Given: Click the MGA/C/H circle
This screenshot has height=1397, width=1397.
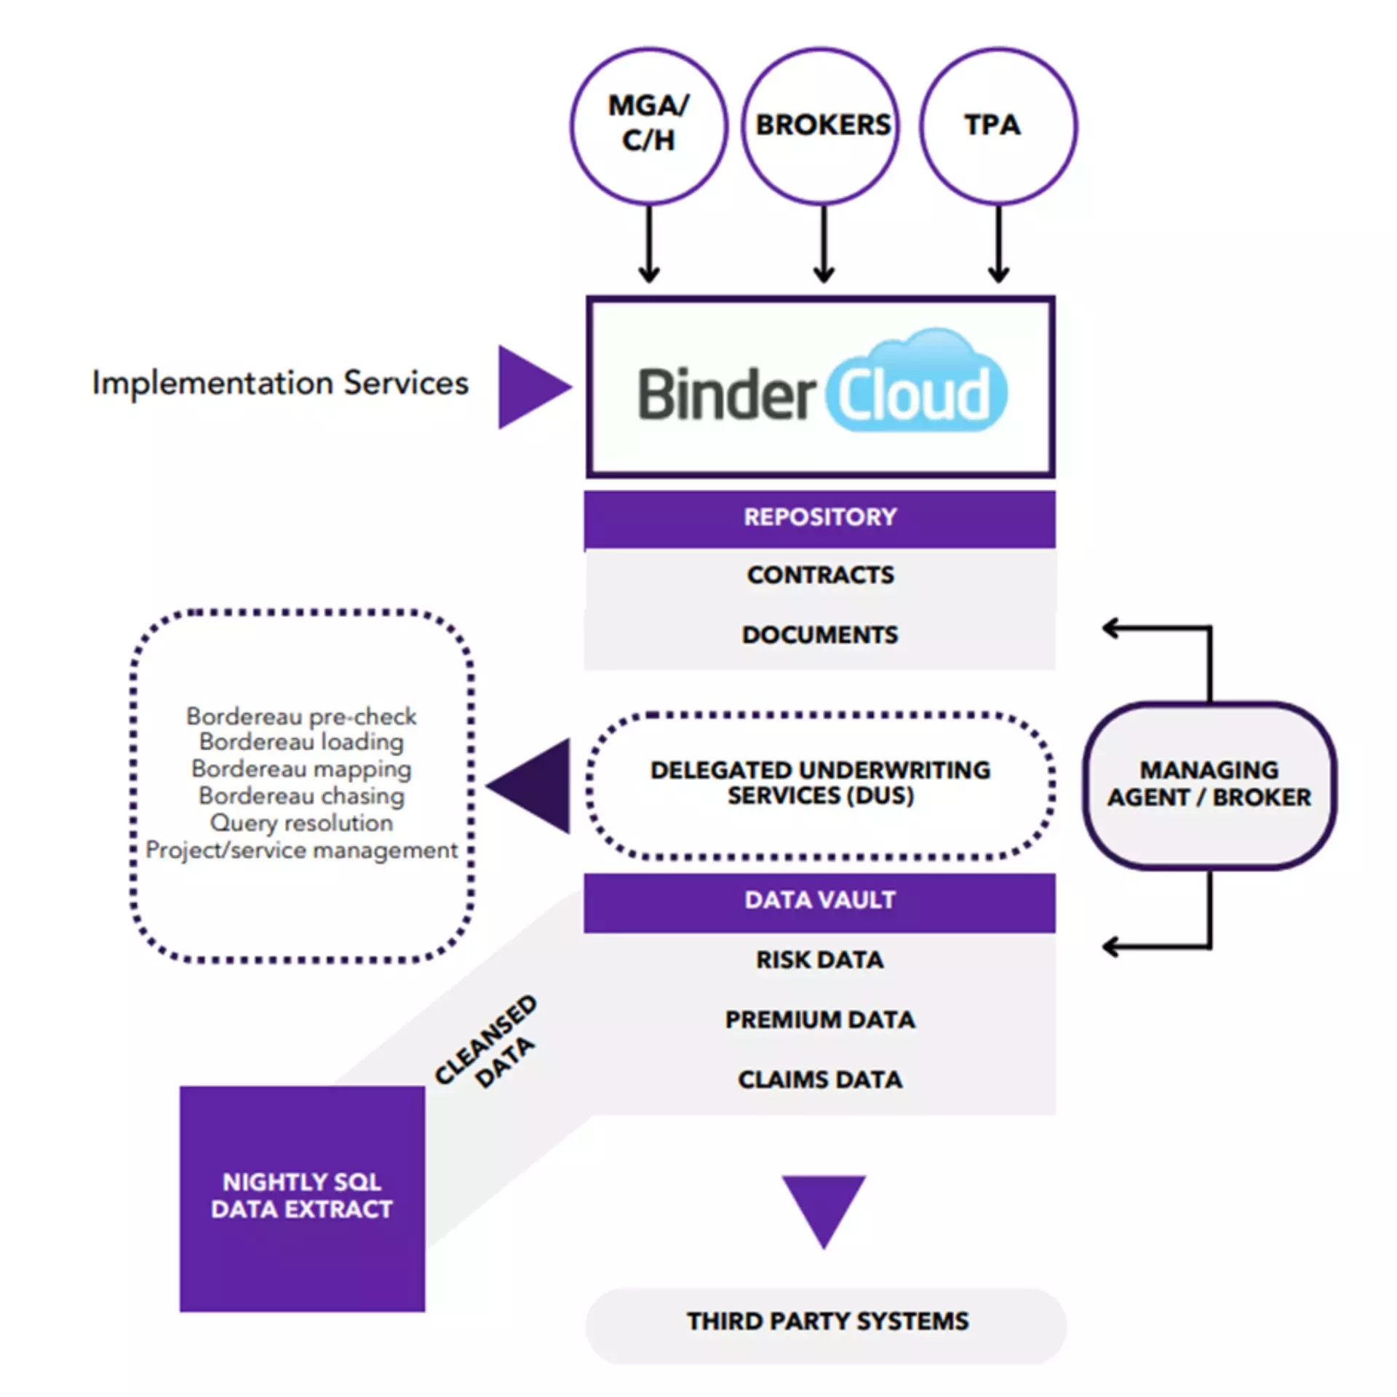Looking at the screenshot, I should tap(648, 126).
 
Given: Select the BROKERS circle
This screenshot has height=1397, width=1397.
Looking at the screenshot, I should tap(821, 126).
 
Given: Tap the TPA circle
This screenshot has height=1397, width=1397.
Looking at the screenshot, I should tap(998, 126).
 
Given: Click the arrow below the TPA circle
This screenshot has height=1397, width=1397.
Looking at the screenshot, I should tap(998, 244).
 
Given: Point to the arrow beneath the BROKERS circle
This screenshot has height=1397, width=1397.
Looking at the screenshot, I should tap(823, 244).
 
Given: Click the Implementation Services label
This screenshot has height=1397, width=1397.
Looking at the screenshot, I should tap(280, 383).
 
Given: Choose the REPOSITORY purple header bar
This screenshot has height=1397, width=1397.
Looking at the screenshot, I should tap(819, 517).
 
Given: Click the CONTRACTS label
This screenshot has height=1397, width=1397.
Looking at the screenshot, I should tap(820, 575).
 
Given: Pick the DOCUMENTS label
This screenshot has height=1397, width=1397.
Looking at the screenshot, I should tap(820, 634).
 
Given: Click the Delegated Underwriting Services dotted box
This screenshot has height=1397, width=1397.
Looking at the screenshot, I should tap(820, 784).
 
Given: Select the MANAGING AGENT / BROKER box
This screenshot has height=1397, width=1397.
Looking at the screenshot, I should tap(1209, 784).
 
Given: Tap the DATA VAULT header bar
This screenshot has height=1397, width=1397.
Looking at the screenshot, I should tap(819, 901).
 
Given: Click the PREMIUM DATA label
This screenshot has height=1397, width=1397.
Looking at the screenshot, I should tap(820, 1019).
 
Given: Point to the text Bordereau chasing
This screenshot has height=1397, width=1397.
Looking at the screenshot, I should tap(301, 796).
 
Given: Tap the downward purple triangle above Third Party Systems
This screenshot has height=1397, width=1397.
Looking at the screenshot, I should tap(823, 1204).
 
